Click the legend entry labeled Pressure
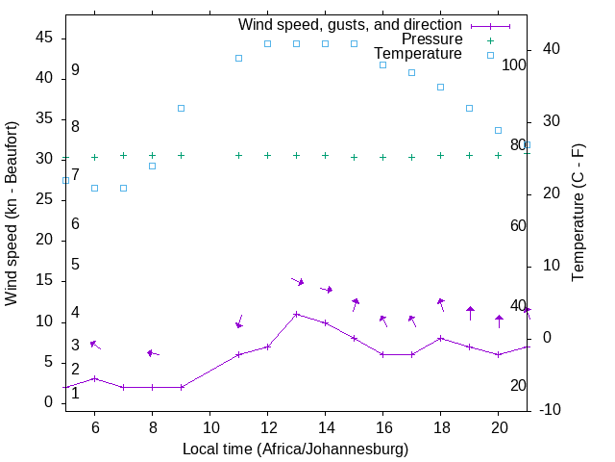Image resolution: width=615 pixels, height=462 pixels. [431, 39]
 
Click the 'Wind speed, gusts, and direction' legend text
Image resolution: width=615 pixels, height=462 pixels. [350, 24]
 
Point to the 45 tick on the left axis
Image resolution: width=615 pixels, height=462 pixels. [44, 38]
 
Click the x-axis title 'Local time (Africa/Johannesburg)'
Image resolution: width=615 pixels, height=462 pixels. [295, 449]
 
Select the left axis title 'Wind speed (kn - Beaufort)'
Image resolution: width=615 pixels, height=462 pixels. [12, 214]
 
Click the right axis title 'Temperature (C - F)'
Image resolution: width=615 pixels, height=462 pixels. [578, 214]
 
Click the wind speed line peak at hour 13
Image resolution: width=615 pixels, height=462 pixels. [296, 314]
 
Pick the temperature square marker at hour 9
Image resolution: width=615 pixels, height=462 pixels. [181, 108]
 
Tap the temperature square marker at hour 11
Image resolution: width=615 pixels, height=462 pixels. [238, 58]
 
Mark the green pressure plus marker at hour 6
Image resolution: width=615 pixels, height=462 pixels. [94, 157]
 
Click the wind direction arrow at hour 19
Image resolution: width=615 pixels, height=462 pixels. [470, 313]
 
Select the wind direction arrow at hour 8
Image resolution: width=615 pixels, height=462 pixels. [153, 353]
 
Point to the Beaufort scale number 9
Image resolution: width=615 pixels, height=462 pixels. [75, 70]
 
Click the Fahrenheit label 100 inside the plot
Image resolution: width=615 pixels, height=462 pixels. [514, 64]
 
